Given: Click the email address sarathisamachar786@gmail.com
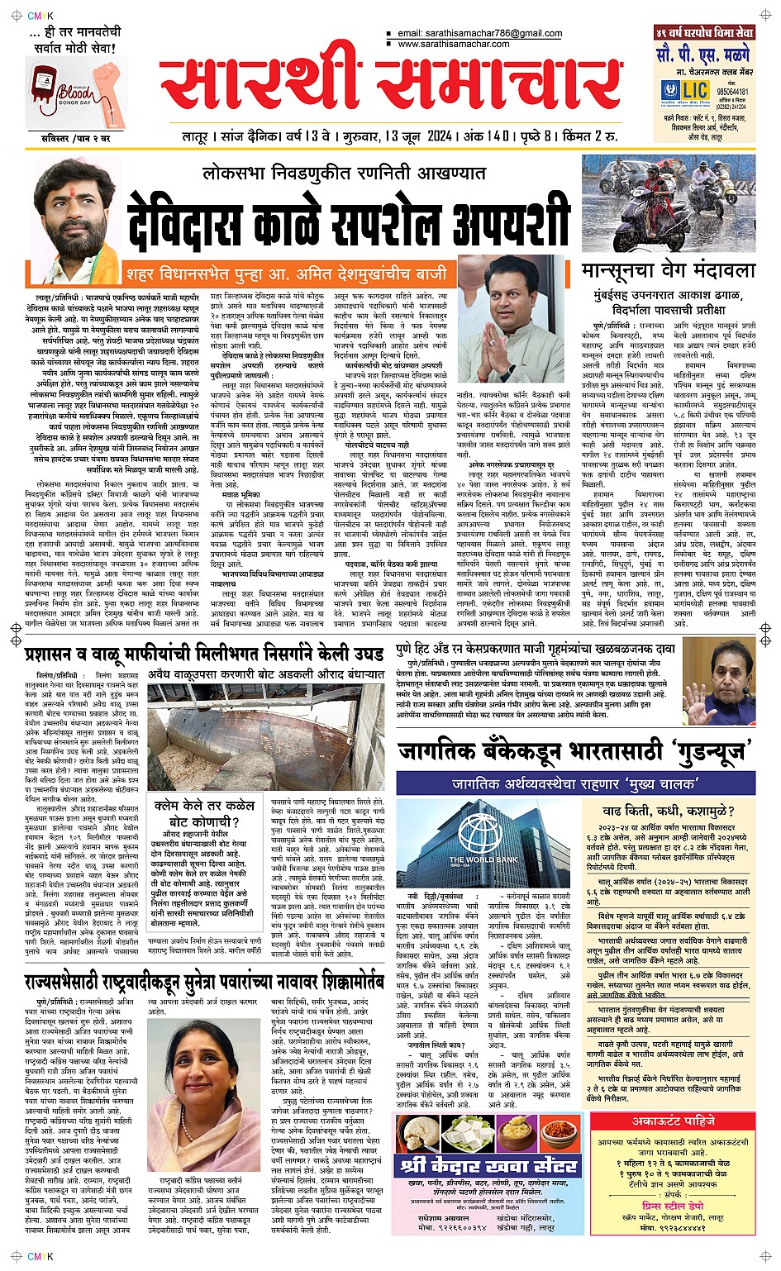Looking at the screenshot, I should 479,34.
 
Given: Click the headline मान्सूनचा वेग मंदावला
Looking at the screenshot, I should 668,271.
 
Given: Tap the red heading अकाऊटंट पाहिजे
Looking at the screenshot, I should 674,1121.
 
